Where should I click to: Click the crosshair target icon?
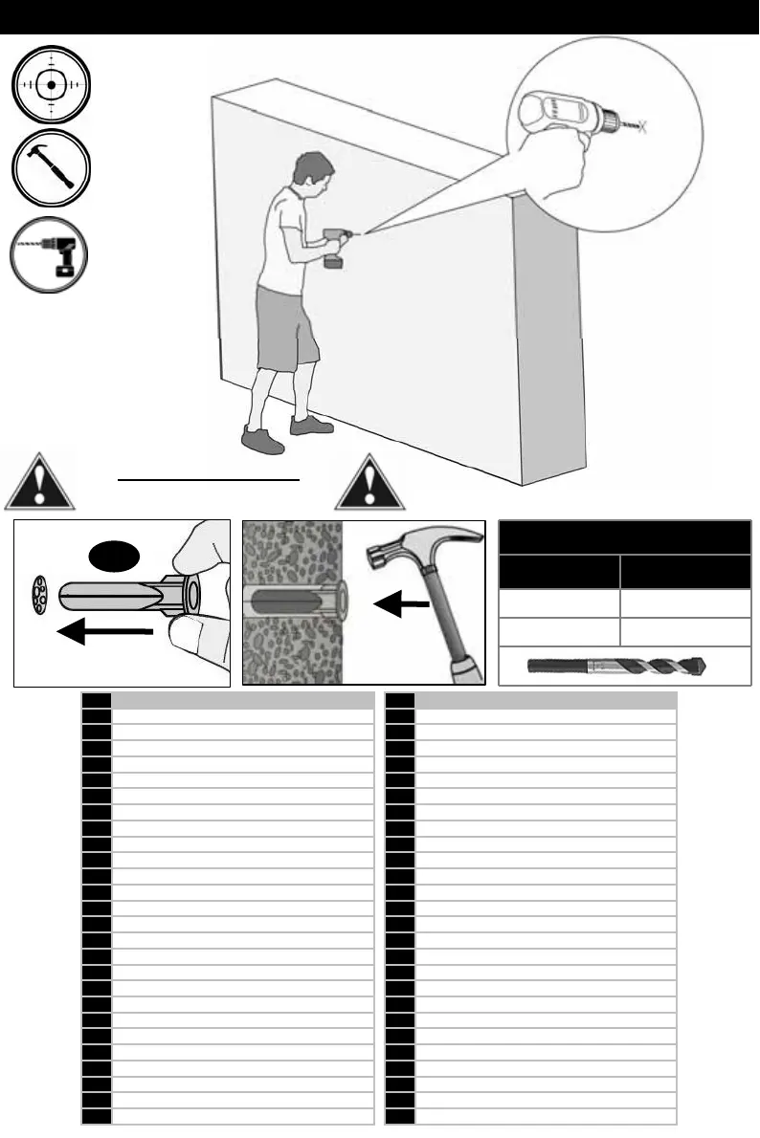pyautogui.click(x=51, y=84)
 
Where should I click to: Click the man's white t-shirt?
pyautogui.click(x=286, y=238)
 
